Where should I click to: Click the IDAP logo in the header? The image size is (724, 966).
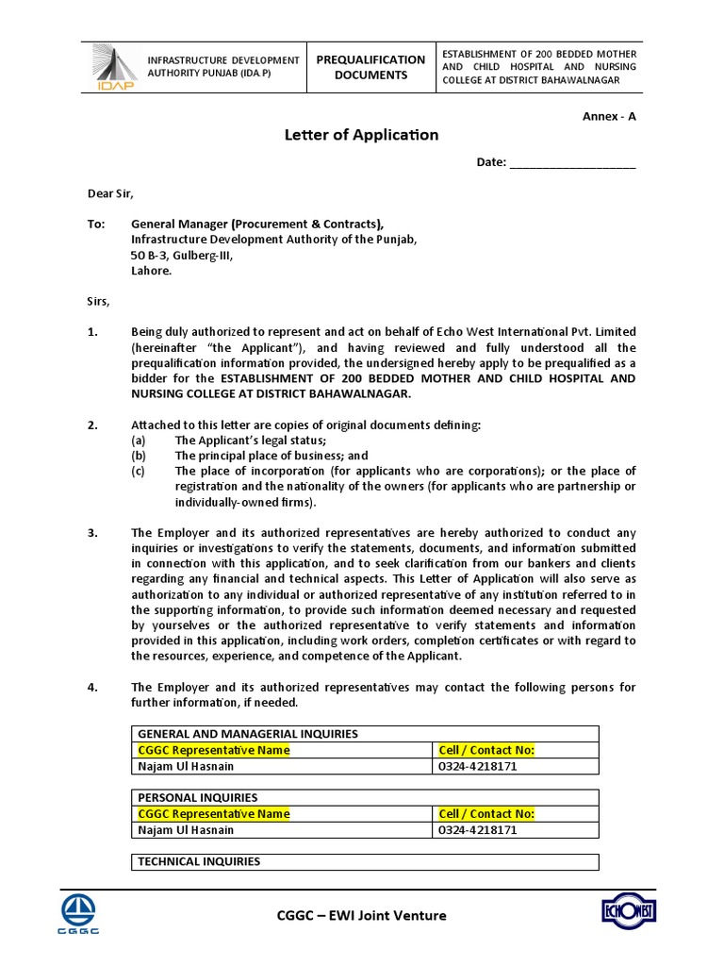[x=112, y=67]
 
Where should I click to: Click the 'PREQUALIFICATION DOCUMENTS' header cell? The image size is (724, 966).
[x=370, y=67]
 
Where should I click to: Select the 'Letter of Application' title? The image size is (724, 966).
[x=361, y=135]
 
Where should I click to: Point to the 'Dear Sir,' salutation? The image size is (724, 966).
[x=111, y=193]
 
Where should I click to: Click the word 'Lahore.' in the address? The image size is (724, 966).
[x=151, y=270]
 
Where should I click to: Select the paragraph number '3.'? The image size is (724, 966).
[x=92, y=532]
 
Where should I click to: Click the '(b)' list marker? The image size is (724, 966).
[x=139, y=456]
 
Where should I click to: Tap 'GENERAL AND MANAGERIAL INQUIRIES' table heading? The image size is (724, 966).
[x=248, y=734]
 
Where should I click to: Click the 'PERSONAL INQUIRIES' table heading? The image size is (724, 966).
[x=198, y=797]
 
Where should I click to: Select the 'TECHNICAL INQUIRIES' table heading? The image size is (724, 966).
[x=199, y=861]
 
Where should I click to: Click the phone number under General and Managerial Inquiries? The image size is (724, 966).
[x=478, y=766]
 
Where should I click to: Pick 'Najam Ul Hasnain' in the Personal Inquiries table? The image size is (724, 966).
[x=186, y=830]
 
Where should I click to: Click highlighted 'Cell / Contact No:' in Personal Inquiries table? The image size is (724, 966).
[x=486, y=813]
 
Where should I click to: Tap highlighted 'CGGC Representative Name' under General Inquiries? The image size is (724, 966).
[x=214, y=750]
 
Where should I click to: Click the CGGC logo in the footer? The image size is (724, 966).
[x=80, y=914]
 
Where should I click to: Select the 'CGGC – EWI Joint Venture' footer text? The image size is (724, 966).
[x=361, y=915]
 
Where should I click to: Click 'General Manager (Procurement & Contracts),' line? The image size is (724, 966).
[x=256, y=225]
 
